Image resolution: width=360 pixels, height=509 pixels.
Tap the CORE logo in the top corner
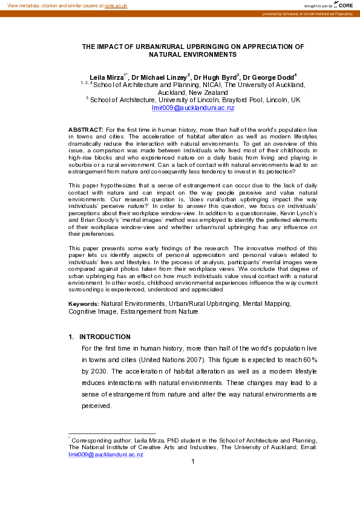[x=345, y=5]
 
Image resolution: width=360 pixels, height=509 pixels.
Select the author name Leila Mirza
[x=106, y=78]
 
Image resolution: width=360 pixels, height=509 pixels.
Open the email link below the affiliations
[x=192, y=108]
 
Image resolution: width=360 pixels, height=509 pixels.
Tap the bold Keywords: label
[x=83, y=302]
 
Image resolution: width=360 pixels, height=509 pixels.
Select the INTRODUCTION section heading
[x=105, y=337]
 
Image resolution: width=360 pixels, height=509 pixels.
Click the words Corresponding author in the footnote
[x=99, y=441]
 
